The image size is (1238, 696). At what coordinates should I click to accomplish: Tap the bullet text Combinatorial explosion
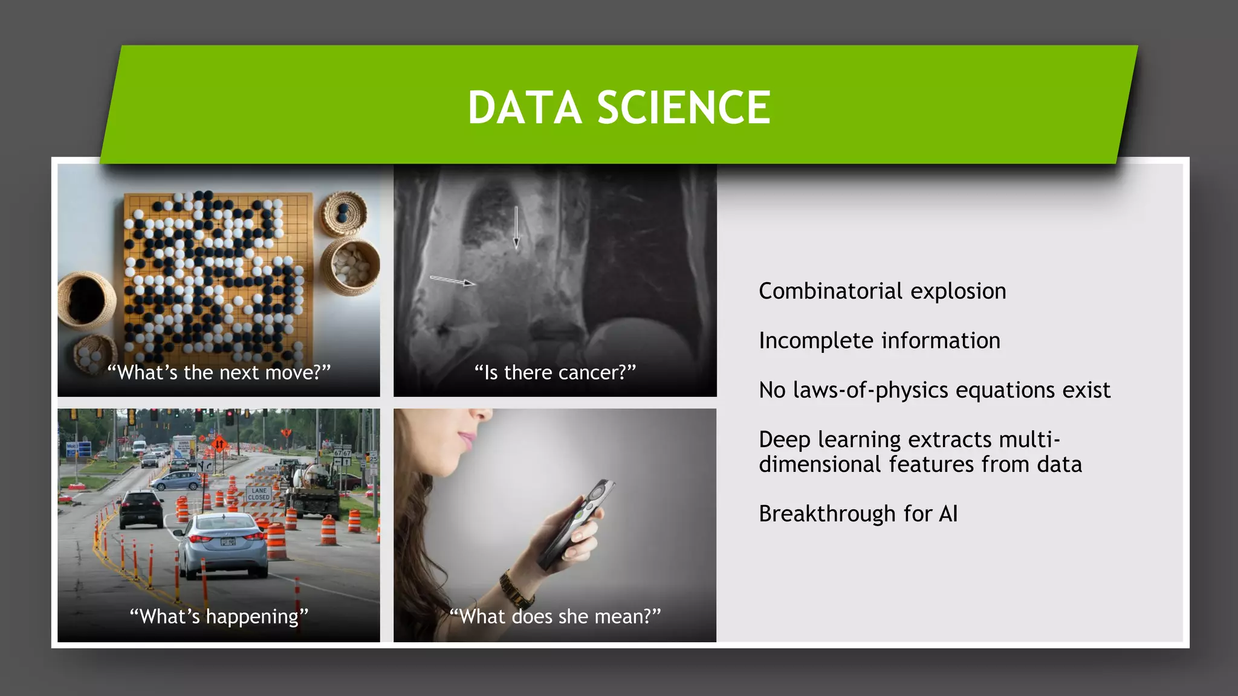[x=882, y=291]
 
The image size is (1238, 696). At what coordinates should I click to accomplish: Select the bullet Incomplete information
[x=879, y=341]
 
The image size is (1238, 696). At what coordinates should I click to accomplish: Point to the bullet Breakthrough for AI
[x=858, y=514]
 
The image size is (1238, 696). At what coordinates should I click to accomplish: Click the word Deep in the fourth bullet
[x=784, y=440]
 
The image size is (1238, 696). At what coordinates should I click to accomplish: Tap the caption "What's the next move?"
[x=219, y=372]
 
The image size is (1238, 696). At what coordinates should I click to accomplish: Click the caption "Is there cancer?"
[x=555, y=372]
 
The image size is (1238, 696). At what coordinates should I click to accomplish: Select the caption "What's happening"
[x=219, y=616]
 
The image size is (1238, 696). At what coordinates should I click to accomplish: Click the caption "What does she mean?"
[x=555, y=616]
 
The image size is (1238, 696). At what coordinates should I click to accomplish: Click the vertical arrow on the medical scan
[x=516, y=227]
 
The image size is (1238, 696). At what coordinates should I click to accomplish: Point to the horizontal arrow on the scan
[x=452, y=281]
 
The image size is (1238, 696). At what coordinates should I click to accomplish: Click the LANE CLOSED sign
[x=259, y=494]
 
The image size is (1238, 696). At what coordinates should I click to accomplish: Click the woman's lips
[x=466, y=439]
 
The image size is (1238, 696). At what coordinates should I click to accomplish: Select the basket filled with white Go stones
[x=350, y=266]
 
